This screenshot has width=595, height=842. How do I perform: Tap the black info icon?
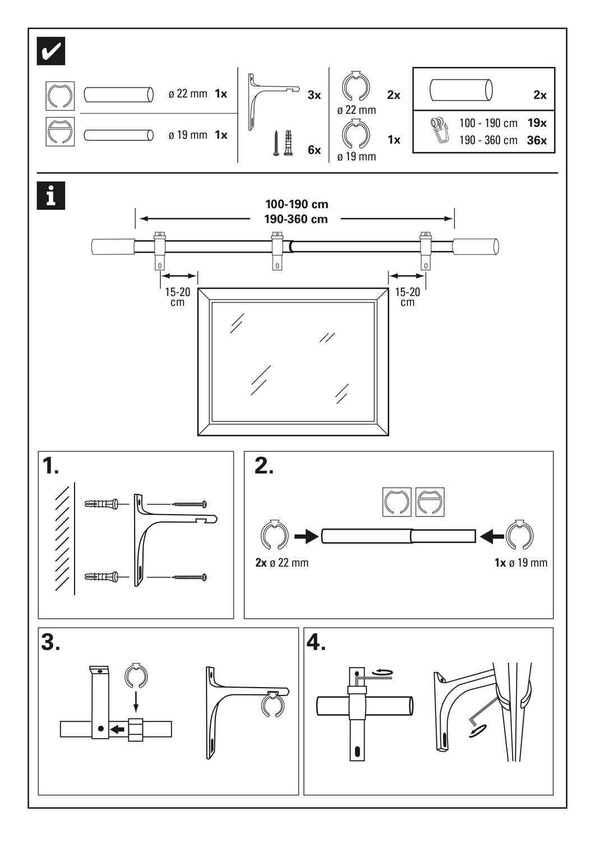[x=51, y=196]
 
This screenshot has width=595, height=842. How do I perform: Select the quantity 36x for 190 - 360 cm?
[x=537, y=140]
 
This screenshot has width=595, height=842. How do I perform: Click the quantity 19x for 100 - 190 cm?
[x=537, y=123]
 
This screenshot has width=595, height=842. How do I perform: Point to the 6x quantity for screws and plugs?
[x=314, y=150]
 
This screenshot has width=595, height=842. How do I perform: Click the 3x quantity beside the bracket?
[x=314, y=95]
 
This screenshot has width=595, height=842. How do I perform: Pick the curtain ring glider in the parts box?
[x=437, y=131]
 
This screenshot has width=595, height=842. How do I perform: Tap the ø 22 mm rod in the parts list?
[x=118, y=94]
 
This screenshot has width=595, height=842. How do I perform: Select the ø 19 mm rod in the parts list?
[x=118, y=135]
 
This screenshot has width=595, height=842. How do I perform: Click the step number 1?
[x=50, y=466]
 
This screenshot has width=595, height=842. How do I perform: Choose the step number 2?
[x=264, y=466]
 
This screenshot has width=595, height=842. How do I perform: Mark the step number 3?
[x=50, y=642]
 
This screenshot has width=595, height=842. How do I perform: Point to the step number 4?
[x=316, y=642]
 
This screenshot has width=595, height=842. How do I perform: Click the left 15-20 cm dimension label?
[x=178, y=297]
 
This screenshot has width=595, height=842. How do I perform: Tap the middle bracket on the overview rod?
[x=277, y=250]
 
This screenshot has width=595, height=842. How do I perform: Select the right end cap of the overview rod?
[x=476, y=247]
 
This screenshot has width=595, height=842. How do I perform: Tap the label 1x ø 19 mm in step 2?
[x=521, y=562]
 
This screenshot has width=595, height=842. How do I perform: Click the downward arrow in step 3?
[x=135, y=699]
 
